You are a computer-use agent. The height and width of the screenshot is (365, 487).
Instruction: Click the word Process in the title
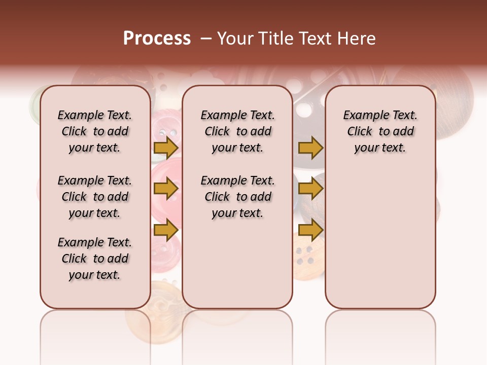pyautogui.click(x=157, y=38)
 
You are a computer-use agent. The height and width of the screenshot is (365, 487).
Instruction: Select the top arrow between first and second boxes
pyautogui.click(x=166, y=148)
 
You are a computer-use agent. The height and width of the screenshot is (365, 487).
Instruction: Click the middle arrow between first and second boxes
pyautogui.click(x=166, y=189)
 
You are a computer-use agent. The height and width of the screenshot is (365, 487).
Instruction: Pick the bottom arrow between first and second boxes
pyautogui.click(x=166, y=230)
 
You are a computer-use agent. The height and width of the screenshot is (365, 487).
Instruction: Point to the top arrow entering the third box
pyautogui.click(x=310, y=148)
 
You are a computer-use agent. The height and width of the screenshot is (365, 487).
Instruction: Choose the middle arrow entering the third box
pyautogui.click(x=310, y=189)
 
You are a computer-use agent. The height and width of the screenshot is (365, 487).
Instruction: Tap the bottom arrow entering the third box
pyautogui.click(x=310, y=230)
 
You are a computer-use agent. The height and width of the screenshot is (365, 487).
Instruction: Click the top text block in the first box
pyautogui.click(x=95, y=131)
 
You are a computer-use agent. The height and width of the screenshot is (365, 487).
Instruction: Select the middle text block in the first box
pyautogui.click(x=95, y=197)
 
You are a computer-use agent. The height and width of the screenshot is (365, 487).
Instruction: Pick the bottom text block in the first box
pyautogui.click(x=95, y=259)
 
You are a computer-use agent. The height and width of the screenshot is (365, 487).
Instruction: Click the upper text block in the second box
pyautogui.click(x=237, y=131)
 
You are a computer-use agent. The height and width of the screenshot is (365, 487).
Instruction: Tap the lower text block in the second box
pyautogui.click(x=237, y=197)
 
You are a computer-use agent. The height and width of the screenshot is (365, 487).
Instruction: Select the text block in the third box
pyautogui.click(x=380, y=131)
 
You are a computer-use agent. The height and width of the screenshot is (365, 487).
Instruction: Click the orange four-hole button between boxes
pyautogui.click(x=306, y=256)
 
